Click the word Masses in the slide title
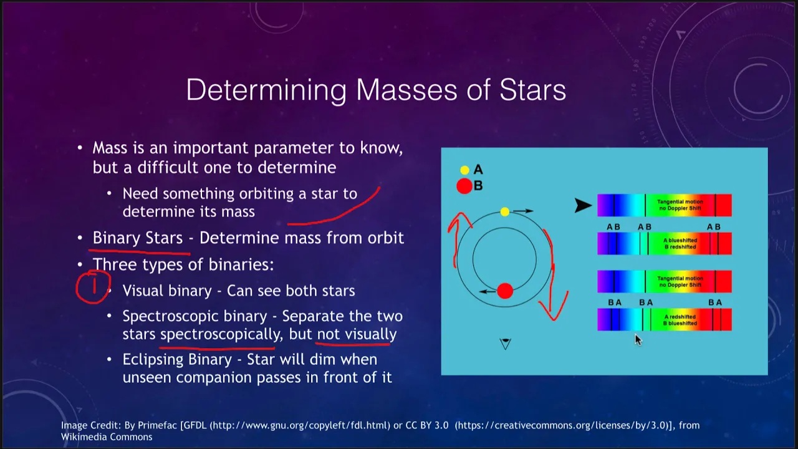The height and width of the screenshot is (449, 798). tap(406, 90)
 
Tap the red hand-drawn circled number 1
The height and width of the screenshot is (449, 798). tap(94, 287)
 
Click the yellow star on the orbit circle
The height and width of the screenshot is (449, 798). tap(505, 212)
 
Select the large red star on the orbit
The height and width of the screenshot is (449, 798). tap(505, 291)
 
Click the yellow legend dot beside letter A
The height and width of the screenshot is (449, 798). tap(464, 170)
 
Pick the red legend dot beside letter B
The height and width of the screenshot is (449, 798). tap(464, 186)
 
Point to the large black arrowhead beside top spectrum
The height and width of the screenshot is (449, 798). tap(583, 206)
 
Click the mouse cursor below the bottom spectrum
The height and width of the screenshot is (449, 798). tap(638, 340)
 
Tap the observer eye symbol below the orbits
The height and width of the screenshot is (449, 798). tap(505, 344)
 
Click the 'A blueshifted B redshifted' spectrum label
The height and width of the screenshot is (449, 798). tap(680, 244)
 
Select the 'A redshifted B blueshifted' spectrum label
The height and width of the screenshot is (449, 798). tap(680, 320)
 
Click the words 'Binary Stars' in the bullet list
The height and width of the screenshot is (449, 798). tap(138, 238)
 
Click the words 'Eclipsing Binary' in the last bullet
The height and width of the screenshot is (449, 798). tap(177, 360)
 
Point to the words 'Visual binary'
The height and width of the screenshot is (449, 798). tap(167, 291)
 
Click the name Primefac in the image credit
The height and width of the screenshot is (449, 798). tap(158, 425)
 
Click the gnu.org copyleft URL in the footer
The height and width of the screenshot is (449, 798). tap(300, 425)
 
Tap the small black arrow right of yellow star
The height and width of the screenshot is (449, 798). tap(523, 211)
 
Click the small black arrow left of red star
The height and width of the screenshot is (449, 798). tap(488, 291)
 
